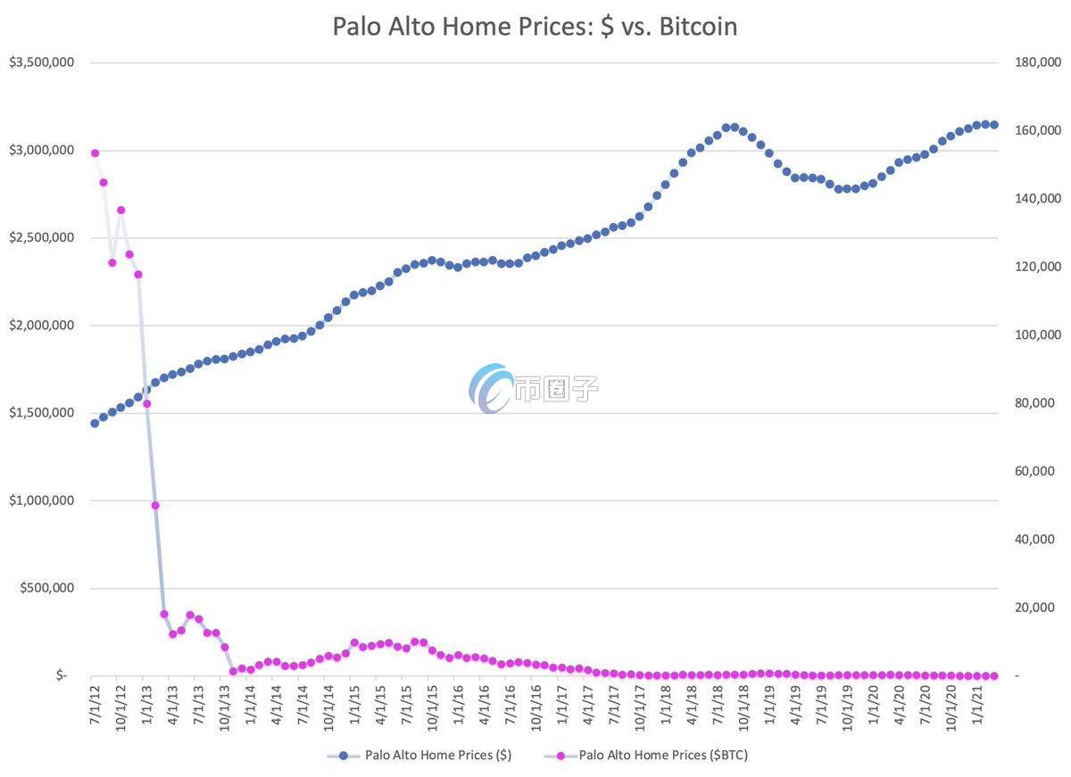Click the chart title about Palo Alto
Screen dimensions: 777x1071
(535, 26)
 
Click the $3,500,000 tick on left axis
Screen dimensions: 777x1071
(41, 62)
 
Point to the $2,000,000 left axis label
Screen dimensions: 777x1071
(41, 326)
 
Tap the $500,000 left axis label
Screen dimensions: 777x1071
(45, 589)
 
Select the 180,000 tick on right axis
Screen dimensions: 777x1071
(1037, 62)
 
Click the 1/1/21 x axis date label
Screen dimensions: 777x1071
(977, 705)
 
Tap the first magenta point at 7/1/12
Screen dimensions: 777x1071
(95, 153)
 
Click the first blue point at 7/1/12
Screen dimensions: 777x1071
(95, 424)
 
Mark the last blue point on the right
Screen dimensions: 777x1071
(994, 126)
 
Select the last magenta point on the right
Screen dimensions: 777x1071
(994, 676)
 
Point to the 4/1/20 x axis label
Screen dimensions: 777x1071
(900, 705)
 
